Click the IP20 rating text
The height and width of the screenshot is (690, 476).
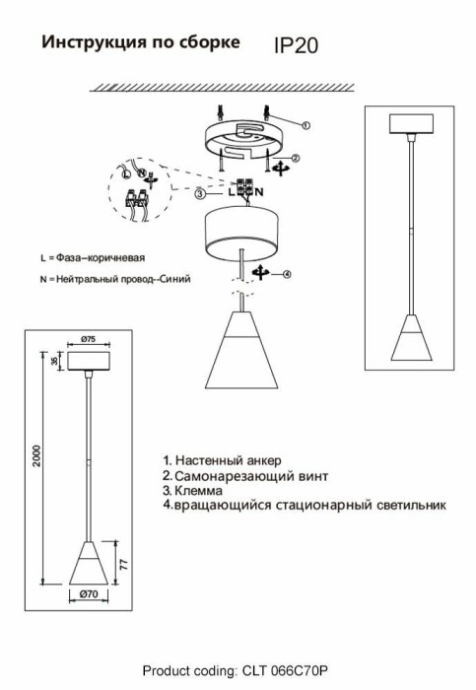coord(296,45)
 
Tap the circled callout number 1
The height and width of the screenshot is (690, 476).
coord(306,125)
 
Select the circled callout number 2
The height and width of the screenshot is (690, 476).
coord(296,158)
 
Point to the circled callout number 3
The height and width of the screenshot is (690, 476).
coord(200,193)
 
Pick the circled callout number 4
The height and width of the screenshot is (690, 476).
coord(287,274)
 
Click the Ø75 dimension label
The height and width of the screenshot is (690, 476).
coord(89,339)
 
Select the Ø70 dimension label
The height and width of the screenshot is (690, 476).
coord(89,594)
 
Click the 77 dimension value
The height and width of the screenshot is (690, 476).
coord(124,565)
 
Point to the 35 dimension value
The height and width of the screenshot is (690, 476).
coord(54,362)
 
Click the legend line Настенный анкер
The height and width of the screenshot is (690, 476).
coord(222,460)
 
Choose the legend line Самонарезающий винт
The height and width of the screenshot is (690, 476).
coord(245,476)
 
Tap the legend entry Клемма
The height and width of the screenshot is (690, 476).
coord(193,490)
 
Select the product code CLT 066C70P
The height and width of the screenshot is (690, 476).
coord(285,671)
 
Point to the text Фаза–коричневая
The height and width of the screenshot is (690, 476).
coord(101,258)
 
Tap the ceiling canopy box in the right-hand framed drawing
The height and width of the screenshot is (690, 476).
coord(411,123)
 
